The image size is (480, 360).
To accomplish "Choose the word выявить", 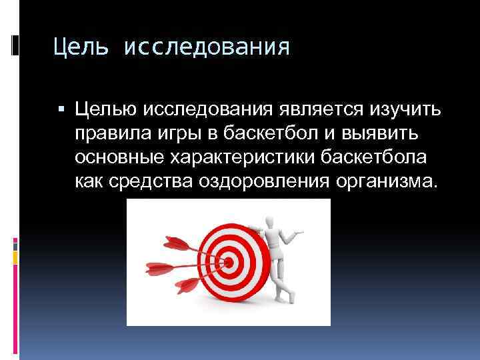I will coord(379,134).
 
